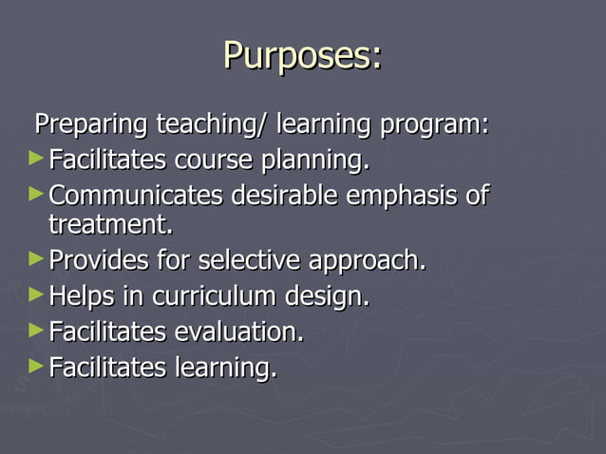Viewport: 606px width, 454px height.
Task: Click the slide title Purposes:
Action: point(302,56)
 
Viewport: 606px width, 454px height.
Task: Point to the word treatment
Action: point(111,225)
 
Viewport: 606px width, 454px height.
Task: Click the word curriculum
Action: point(209,297)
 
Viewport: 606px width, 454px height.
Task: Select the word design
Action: point(328,297)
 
